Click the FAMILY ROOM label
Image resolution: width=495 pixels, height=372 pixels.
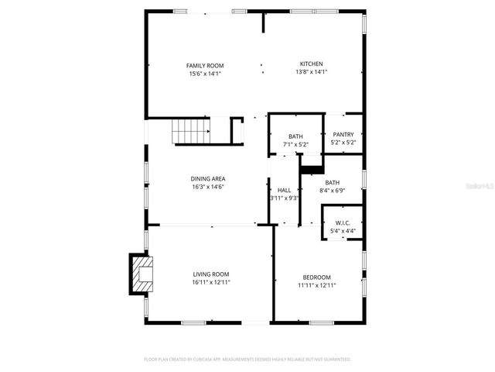(205, 65)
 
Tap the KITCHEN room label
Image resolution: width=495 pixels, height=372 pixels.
(312, 64)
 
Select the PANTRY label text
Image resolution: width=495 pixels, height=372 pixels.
(343, 134)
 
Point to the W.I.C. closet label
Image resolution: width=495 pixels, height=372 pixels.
(343, 222)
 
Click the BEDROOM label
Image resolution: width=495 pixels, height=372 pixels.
(316, 277)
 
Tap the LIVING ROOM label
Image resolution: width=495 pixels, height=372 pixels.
(210, 274)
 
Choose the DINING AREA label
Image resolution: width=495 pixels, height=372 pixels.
(208, 179)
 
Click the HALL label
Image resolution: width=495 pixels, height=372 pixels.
(284, 189)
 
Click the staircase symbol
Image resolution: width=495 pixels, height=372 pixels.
(189, 131)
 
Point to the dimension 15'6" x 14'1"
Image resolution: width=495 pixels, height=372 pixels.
(205, 74)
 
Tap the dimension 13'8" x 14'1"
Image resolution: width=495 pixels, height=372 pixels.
(312, 72)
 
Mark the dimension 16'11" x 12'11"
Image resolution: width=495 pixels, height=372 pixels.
(210, 282)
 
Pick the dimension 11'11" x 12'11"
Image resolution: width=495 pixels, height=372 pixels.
(316, 285)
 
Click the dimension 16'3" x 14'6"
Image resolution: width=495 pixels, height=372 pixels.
(208, 187)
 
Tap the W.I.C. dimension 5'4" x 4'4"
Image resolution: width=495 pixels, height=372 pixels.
(343, 230)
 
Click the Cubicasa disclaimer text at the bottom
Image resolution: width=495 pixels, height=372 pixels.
(247, 360)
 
